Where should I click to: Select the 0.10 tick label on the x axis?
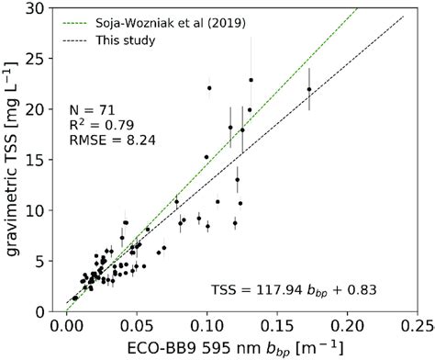coord(206,325)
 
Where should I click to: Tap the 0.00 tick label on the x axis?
coord(66,325)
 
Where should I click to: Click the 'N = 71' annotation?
coord(93,107)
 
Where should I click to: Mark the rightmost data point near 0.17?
coord(309,89)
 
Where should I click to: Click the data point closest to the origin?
coord(75,298)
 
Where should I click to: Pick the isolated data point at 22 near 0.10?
coord(209,88)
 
